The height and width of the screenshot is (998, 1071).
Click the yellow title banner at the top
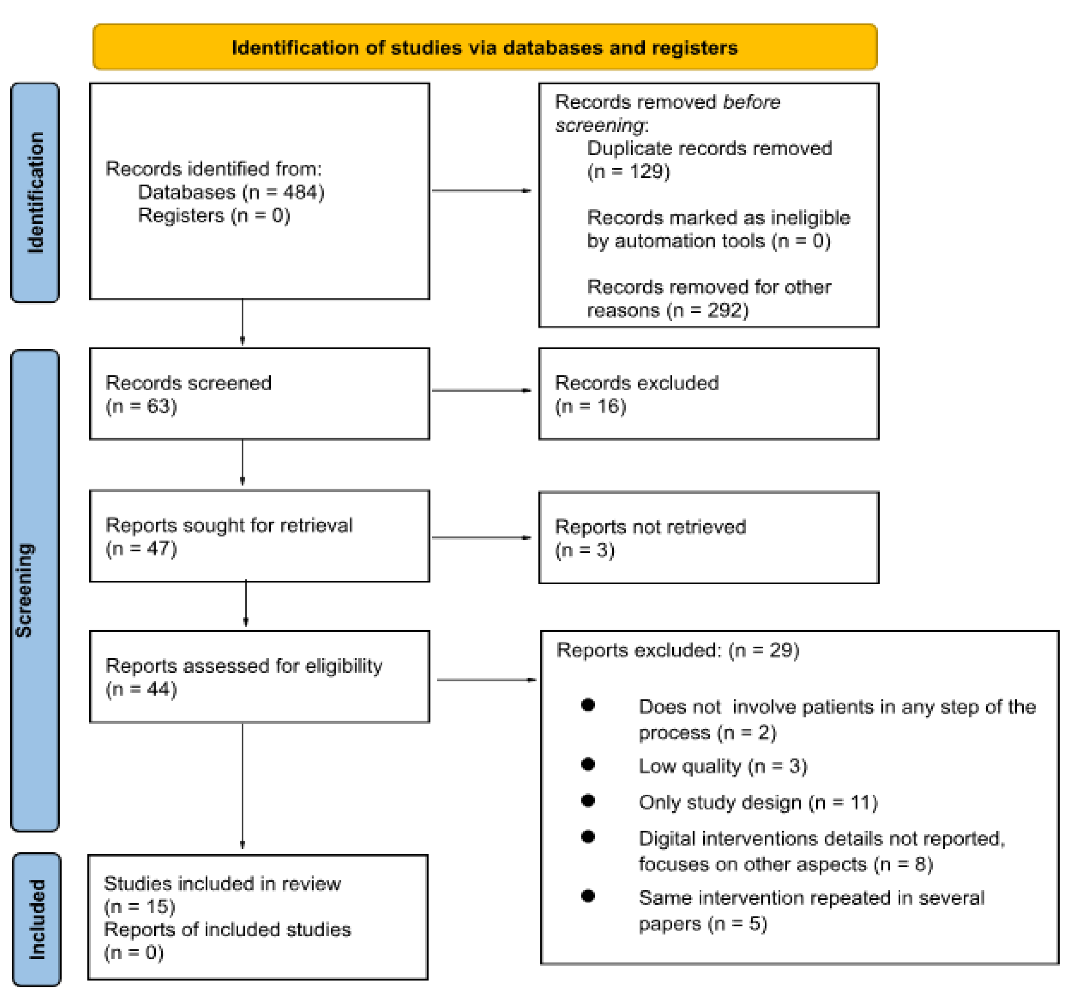pyautogui.click(x=485, y=47)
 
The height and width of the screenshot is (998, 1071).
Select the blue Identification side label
pyautogui.click(x=35, y=192)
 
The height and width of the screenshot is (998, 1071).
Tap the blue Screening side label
pyautogui.click(x=35, y=590)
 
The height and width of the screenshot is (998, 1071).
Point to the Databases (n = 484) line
pyautogui.click(x=231, y=192)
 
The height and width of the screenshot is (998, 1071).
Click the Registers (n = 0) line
pyautogui.click(x=214, y=216)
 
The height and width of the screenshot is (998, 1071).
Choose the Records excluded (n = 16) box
pyautogui.click(x=709, y=394)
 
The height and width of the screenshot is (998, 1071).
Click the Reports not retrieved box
pyautogui.click(x=709, y=538)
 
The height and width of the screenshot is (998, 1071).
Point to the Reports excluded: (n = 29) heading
pyautogui.click(x=677, y=651)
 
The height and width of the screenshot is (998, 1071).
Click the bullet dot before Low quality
pyautogui.click(x=588, y=765)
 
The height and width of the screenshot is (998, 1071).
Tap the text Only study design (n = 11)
pyautogui.click(x=758, y=802)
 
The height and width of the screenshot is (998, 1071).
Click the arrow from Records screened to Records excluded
pyautogui.click(x=481, y=390)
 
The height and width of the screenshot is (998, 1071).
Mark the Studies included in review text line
pyautogui.click(x=222, y=884)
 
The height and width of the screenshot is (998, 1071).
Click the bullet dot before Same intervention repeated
pyautogui.click(x=588, y=896)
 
